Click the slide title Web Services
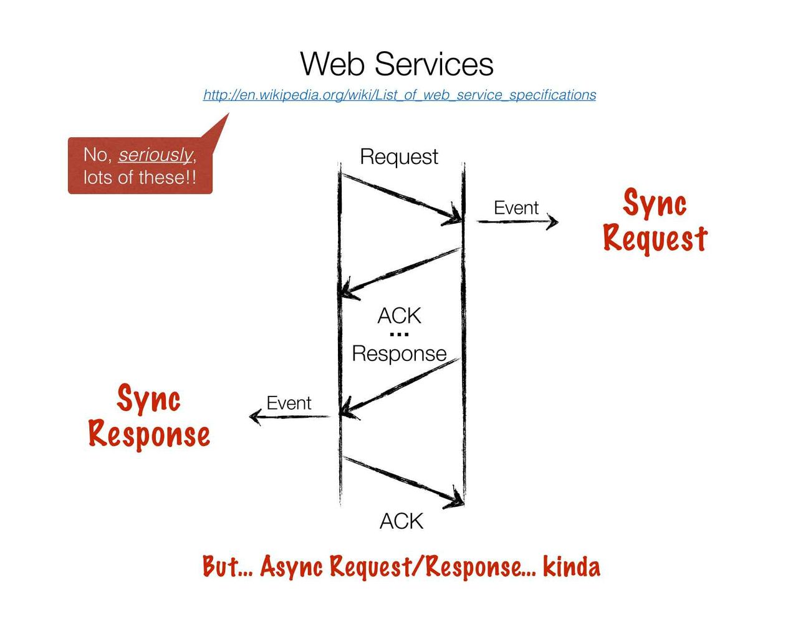click(397, 64)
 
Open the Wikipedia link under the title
click(400, 95)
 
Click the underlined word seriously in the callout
click(155, 155)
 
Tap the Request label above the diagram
click(399, 156)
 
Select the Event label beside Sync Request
click(516, 208)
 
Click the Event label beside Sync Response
click(289, 403)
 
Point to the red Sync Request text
click(655, 221)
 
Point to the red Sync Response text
click(149, 416)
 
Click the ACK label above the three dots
click(399, 316)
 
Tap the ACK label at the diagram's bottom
click(401, 521)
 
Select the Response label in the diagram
click(399, 354)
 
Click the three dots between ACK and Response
click(399, 335)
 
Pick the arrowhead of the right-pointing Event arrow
click(553, 221)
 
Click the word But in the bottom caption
click(220, 567)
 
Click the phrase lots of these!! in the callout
click(140, 177)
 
